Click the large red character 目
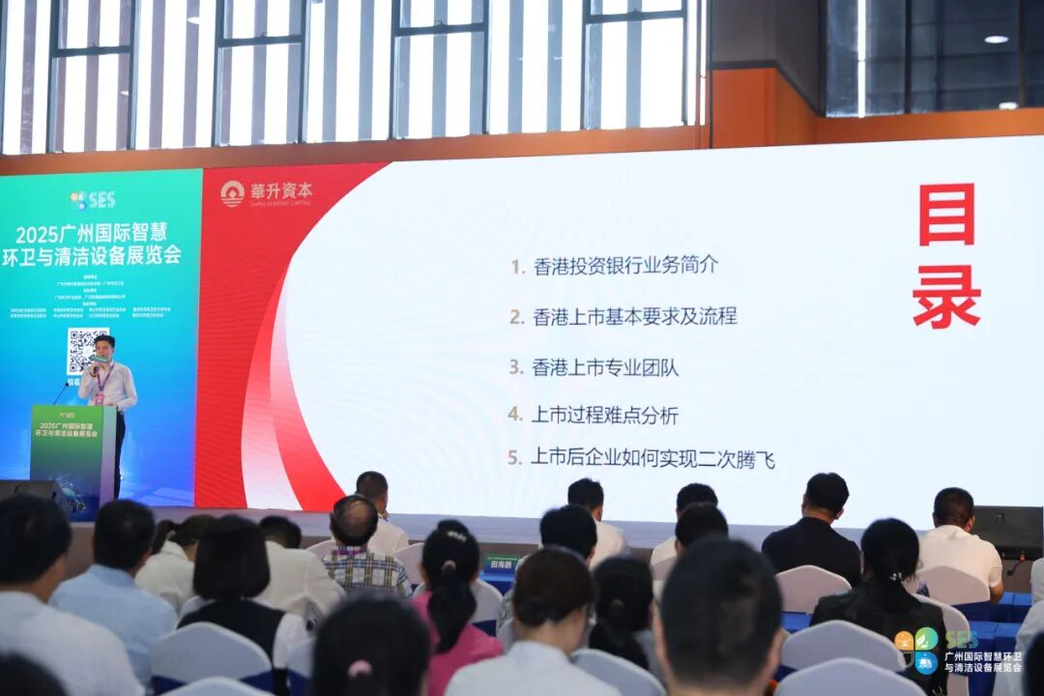(x=946, y=215)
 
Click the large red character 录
(x=946, y=297)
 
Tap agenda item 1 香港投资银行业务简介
(x=615, y=265)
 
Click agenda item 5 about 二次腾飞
(x=642, y=458)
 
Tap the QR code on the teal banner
(x=86, y=350)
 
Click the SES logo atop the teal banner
(x=93, y=200)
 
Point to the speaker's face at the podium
(x=104, y=347)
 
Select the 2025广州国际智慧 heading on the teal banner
(x=91, y=233)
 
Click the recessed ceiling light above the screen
(x=995, y=40)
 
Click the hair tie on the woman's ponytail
(x=359, y=668)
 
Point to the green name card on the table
(x=501, y=564)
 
